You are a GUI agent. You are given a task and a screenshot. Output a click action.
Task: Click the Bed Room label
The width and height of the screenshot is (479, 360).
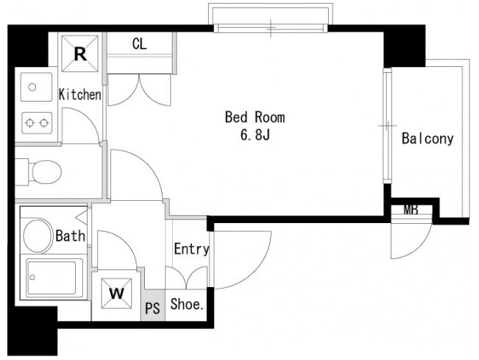tap(255, 117)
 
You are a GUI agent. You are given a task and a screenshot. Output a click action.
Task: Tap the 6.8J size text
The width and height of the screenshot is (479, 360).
tap(255, 135)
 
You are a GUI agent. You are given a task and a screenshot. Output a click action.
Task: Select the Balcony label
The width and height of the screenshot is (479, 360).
tap(427, 138)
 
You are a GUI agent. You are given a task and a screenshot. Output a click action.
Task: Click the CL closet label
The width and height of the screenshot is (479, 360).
tap(139, 44)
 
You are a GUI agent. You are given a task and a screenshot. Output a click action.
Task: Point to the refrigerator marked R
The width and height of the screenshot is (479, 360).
tap(80, 54)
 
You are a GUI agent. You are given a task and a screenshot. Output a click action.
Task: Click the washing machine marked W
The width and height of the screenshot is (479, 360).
tap(116, 294)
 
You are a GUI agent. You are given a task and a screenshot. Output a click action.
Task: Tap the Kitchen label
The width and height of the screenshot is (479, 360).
tap(79, 94)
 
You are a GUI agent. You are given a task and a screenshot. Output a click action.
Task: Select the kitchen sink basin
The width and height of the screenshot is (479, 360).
tap(36, 87)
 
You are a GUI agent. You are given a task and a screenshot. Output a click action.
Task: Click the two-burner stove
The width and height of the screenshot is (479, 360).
tap(37, 123)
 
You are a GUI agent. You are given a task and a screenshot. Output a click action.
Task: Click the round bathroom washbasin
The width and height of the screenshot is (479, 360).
tap(38, 236)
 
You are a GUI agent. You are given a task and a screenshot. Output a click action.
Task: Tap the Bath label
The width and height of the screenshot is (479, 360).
tap(70, 236)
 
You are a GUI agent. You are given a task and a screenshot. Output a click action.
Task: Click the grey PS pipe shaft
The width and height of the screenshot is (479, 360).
tap(153, 305)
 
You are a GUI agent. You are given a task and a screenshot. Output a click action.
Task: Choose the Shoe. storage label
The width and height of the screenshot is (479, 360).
tap(187, 304)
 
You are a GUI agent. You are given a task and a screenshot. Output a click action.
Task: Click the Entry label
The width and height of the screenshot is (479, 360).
tap(192, 249)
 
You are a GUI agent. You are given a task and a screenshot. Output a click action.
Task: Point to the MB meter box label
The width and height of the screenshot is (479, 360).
tap(411, 210)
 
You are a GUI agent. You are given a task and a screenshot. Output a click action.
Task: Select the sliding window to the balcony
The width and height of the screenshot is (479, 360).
tap(387, 126)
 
